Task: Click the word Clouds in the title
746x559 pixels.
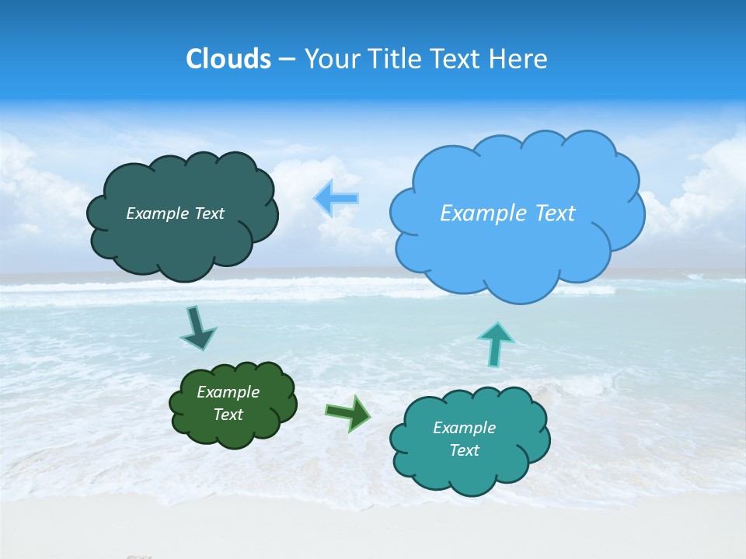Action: pos(228,59)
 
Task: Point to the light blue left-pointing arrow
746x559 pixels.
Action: pos(336,198)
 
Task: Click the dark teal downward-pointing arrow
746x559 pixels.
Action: pos(197,328)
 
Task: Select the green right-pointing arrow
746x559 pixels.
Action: pos(348,413)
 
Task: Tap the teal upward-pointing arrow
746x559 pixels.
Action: pos(496,343)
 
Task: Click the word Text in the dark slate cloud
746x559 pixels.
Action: pos(209,214)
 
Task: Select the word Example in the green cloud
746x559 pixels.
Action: pos(228,392)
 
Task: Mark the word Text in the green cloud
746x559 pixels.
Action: pos(228,415)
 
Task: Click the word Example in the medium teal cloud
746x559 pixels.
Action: pos(464,428)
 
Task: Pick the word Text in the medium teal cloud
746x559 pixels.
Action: pos(464,450)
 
